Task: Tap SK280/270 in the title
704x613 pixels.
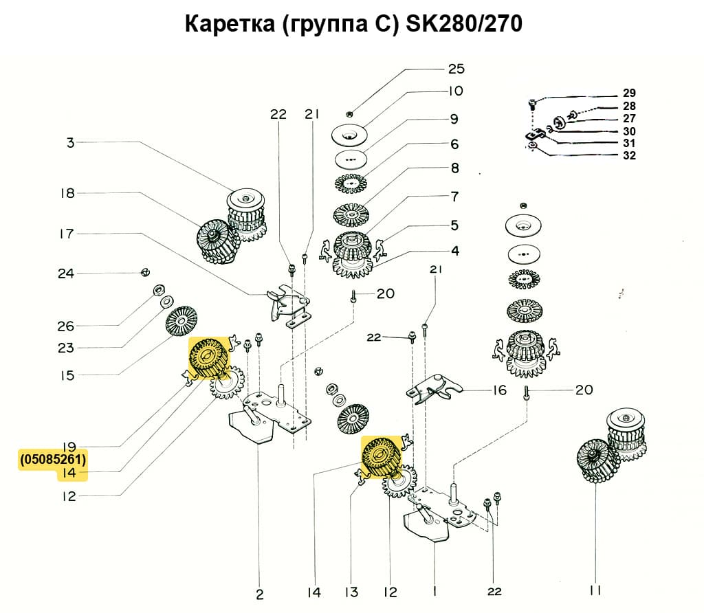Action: [x=465, y=24]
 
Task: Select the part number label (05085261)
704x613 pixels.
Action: [x=54, y=459]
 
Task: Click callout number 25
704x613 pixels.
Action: [x=456, y=69]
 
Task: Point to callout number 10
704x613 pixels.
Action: [x=456, y=91]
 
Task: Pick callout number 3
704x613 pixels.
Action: [x=70, y=143]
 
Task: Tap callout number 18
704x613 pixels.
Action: [x=67, y=193]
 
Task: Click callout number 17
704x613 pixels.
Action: [x=66, y=234]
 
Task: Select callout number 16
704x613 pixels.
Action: [x=499, y=390]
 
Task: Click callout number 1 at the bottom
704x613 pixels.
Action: [x=434, y=590]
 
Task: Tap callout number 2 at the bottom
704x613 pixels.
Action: [x=260, y=594]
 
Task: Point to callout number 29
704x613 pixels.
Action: [x=629, y=93]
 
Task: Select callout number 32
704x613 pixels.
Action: [x=629, y=155]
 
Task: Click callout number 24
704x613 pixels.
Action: [x=66, y=274]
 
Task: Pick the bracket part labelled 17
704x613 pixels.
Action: [x=287, y=302]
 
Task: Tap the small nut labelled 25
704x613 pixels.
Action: [x=351, y=113]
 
